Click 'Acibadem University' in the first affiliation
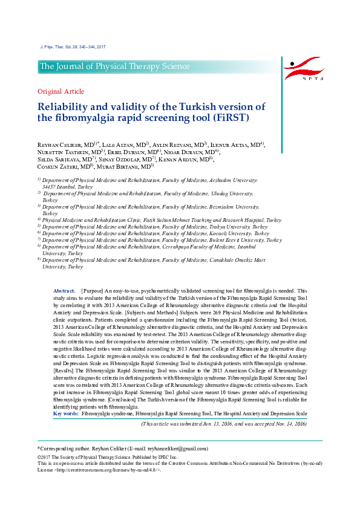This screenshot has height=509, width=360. coord(229,180)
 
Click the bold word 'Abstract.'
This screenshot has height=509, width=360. coord(65,291)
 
